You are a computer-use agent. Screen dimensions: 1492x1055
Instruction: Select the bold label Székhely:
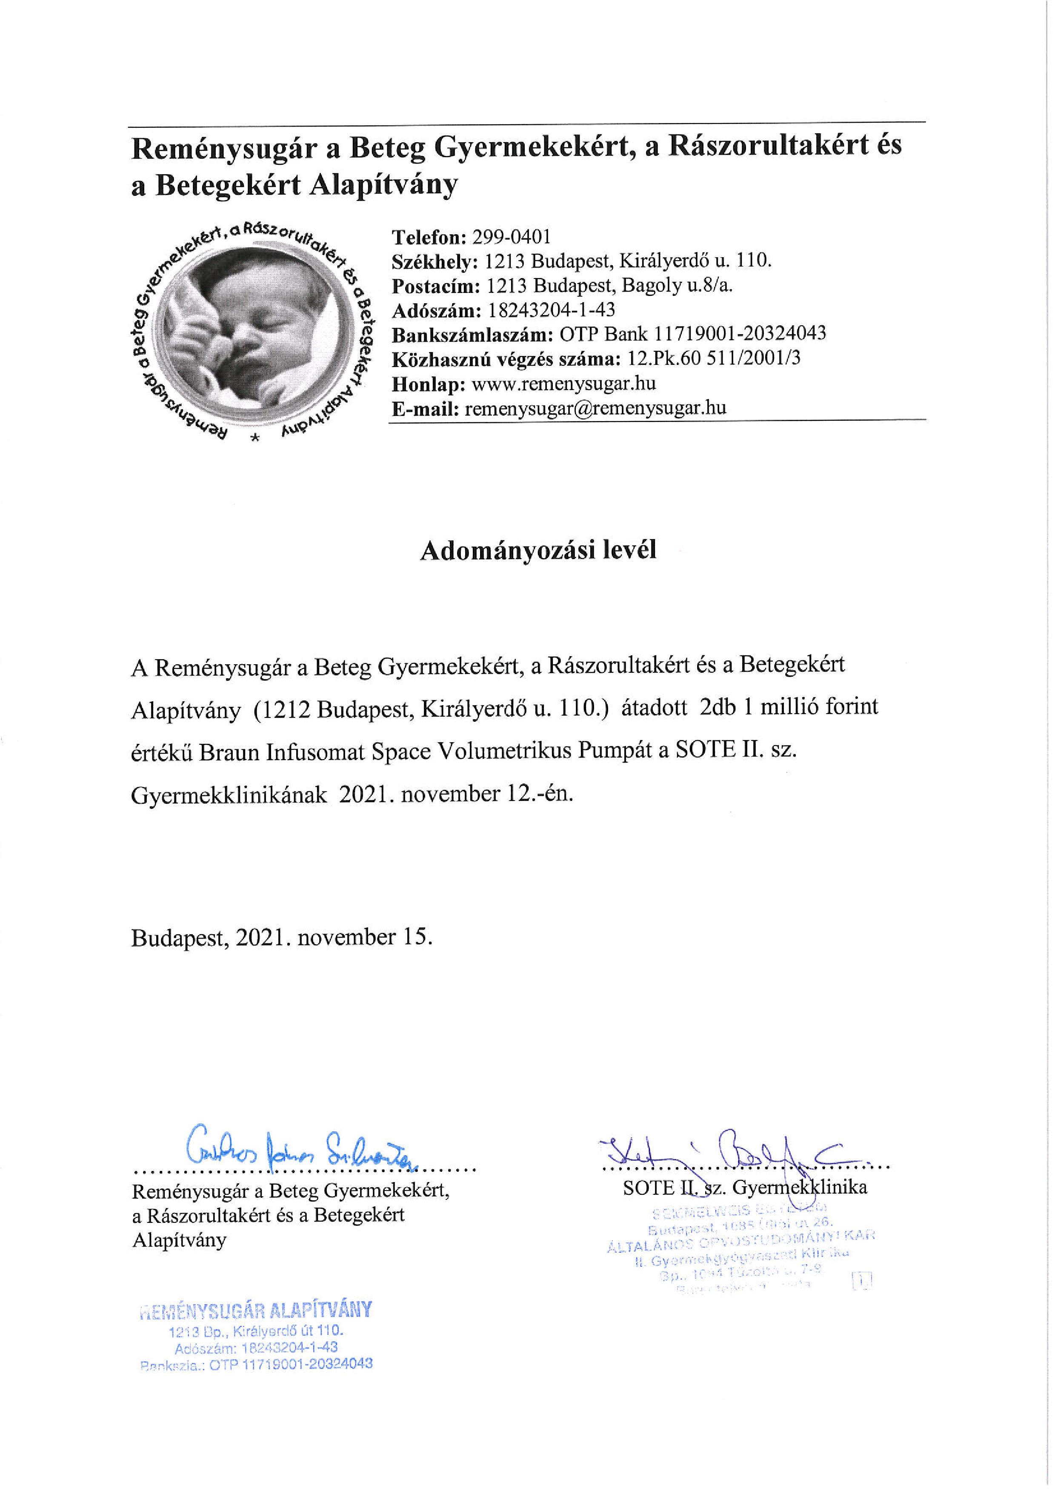(x=435, y=261)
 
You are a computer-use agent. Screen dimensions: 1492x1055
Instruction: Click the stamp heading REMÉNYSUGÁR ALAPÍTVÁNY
(x=256, y=1308)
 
